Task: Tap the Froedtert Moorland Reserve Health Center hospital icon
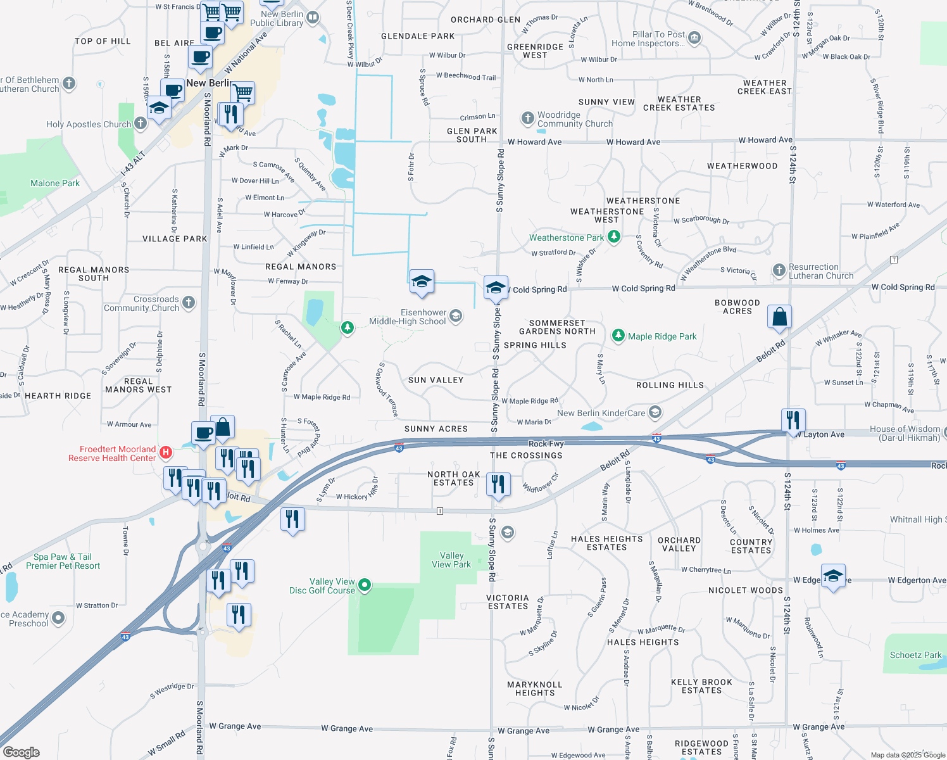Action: [166, 452]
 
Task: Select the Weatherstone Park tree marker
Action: [613, 237]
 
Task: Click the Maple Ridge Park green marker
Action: [618, 336]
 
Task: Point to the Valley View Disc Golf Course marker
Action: [365, 585]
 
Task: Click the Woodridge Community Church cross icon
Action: [527, 118]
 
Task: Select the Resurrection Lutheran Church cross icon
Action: [779, 270]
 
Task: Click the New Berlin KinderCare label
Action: [601, 413]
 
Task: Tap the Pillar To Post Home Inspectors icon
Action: [694, 38]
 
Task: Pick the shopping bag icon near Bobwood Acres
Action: [779, 317]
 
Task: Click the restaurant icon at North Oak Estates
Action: [498, 484]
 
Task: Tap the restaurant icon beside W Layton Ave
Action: [793, 420]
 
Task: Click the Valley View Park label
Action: [451, 560]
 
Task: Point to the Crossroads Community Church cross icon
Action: [189, 303]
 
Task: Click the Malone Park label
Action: [55, 183]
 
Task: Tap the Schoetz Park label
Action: [915, 655]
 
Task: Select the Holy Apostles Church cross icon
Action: [141, 123]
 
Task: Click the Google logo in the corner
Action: [21, 752]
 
